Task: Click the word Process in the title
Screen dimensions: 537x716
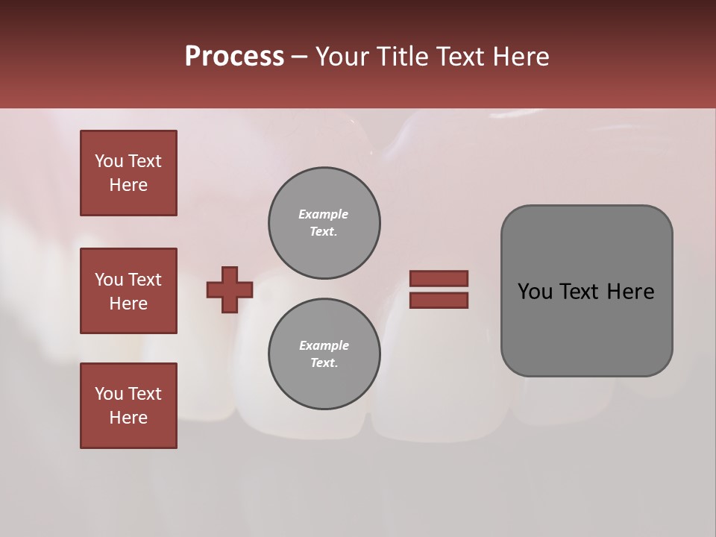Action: point(234,57)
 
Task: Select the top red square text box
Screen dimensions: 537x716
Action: point(128,173)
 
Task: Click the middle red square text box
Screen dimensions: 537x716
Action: point(128,291)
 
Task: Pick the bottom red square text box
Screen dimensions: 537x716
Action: point(128,405)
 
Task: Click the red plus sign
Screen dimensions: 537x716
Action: point(230,289)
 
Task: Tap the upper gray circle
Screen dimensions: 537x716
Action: point(324,223)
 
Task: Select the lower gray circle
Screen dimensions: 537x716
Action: point(324,354)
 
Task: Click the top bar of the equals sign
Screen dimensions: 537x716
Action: point(439,279)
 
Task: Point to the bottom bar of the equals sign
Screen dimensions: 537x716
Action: point(439,301)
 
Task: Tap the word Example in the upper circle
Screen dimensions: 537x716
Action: point(324,214)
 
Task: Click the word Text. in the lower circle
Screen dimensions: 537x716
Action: point(324,362)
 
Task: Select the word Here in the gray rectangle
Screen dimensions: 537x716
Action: point(630,292)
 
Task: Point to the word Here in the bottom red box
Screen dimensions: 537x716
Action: point(128,418)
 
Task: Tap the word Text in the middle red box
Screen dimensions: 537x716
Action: point(144,280)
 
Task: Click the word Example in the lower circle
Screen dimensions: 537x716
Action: point(324,345)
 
